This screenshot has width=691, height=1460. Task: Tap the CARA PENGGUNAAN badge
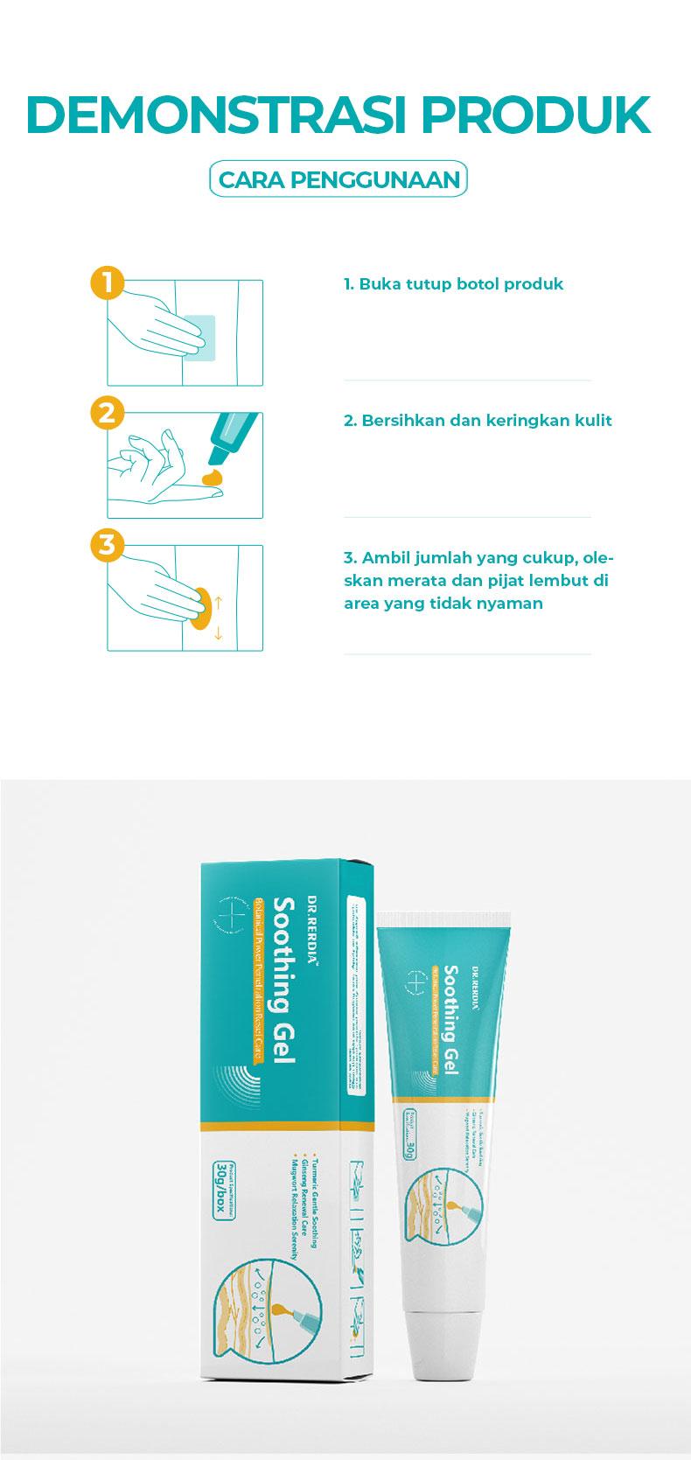point(339,179)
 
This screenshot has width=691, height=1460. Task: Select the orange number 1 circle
point(107,283)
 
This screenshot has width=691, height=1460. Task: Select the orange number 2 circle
point(107,412)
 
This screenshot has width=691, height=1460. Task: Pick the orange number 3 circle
point(107,545)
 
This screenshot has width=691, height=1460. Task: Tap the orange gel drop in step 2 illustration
point(212,478)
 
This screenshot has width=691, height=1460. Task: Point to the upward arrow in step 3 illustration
point(219,602)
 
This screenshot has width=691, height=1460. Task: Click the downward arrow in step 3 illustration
point(219,632)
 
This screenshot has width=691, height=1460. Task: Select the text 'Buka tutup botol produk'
point(460,284)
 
